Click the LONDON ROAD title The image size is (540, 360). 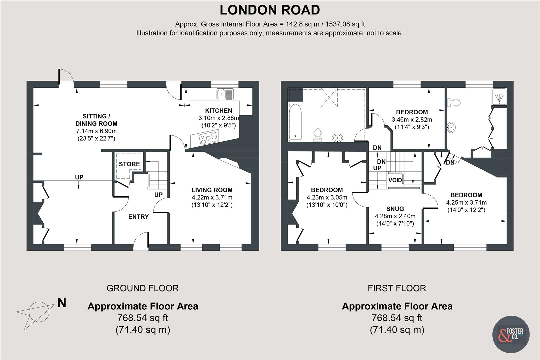[270, 10]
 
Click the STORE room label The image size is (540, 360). [129, 164]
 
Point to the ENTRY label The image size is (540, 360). [138, 217]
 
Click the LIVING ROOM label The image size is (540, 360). [212, 190]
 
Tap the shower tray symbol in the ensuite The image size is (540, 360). [499, 97]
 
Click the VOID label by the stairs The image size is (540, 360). [395, 180]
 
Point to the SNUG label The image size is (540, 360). [395, 209]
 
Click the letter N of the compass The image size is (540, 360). [62, 303]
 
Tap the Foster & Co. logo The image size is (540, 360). [511, 334]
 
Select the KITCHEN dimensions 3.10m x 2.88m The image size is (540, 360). [219, 118]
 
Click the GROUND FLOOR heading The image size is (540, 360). [143, 288]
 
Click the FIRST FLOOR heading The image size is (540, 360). [397, 288]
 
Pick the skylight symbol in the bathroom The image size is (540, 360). [329, 98]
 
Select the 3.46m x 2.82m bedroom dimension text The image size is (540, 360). [412, 120]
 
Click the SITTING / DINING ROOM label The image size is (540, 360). [97, 120]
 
